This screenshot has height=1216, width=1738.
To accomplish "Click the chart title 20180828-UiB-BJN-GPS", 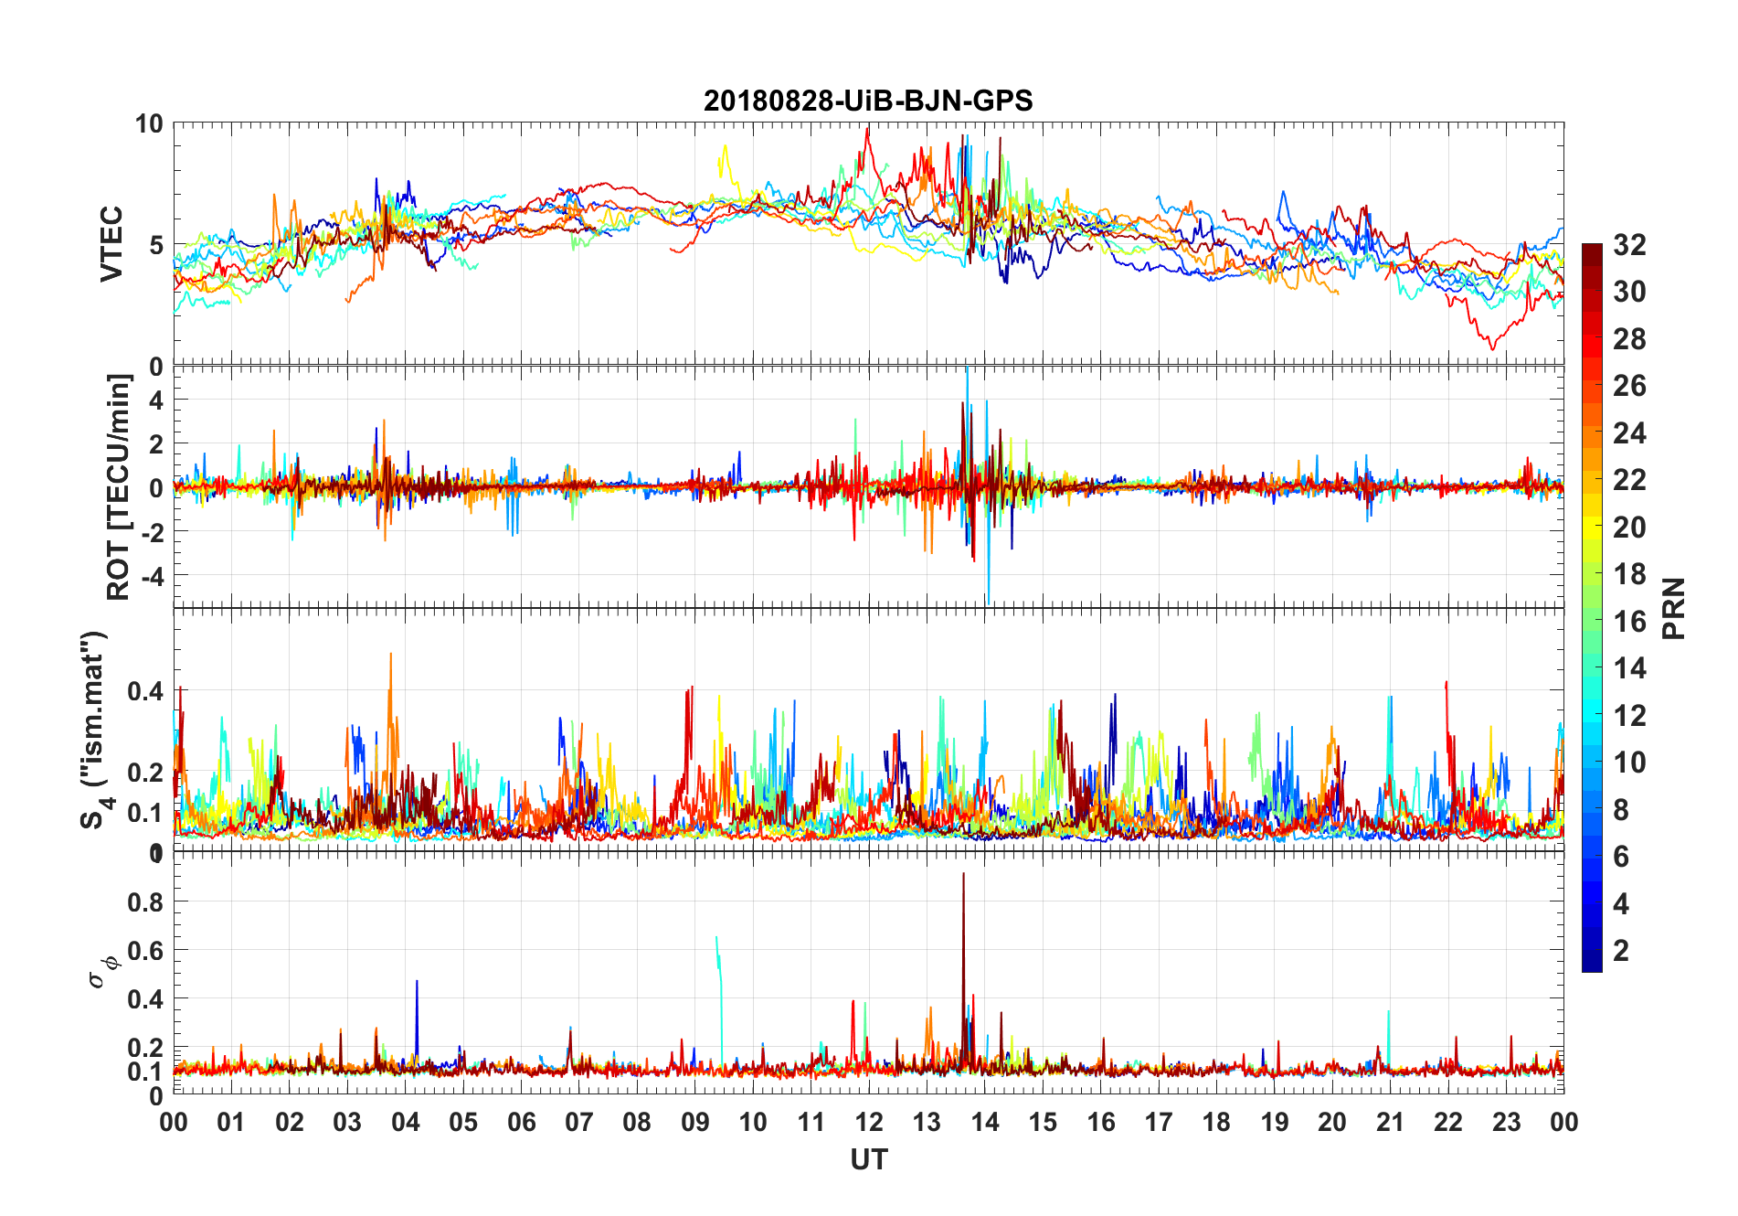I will coord(868,101).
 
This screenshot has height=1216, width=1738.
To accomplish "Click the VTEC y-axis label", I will coord(111,244).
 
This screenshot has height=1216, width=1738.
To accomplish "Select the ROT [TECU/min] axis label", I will coord(119,487).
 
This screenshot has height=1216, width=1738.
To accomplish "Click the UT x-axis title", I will coord(868,1160).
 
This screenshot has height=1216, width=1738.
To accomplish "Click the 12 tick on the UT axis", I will coord(869,1122).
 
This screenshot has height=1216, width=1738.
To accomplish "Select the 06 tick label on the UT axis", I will coord(522,1122).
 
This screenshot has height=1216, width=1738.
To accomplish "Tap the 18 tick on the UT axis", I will coord(1216,1122).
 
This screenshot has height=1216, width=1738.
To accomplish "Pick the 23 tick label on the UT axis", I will coord(1506,1122).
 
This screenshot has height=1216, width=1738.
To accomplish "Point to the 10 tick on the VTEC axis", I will coord(149,123).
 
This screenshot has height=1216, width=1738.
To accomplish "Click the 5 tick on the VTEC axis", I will coord(156,245).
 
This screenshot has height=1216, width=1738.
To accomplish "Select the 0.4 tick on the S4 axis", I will coord(145,691).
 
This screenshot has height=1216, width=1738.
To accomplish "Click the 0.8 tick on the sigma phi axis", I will coord(145,902).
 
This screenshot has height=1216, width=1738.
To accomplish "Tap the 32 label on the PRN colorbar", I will coord(1629,245).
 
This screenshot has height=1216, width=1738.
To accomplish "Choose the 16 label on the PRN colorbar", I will coord(1629,622).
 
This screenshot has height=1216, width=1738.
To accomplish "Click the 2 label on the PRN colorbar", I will coord(1621,951).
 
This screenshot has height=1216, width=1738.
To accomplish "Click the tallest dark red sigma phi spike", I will coord(963,876).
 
